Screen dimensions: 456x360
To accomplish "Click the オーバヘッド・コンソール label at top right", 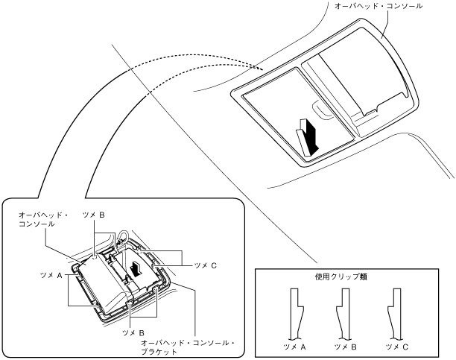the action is coord(379,6).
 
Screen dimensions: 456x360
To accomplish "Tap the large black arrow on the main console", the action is coord(310,137).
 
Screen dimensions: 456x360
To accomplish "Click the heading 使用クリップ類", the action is coord(341,277).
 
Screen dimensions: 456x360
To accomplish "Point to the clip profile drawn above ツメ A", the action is coord(297,314).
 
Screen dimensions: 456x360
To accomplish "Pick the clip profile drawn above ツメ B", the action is coord(343,314).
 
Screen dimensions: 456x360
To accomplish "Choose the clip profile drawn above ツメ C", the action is coord(394,314).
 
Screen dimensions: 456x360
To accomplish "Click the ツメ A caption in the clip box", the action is coord(294,347).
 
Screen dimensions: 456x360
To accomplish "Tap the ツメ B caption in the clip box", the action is coord(345,347).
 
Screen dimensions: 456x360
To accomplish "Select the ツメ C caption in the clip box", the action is coord(396,347).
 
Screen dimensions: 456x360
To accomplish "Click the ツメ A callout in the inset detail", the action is coord(51,275).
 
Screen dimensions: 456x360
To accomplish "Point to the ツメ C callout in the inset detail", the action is coord(206,265).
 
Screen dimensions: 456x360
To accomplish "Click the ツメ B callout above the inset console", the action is coord(94,215).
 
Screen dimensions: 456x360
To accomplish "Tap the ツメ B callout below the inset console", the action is coord(133,332).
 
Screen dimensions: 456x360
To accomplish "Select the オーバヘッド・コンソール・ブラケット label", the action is coord(188,347).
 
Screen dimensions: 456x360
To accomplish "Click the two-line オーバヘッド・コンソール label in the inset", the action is coord(43,219).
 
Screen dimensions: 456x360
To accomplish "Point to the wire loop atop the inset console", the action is coord(122,236).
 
